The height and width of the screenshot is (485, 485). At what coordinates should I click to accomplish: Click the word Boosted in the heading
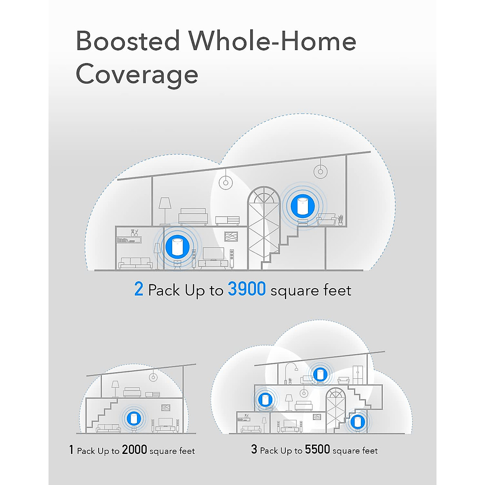pos(128,41)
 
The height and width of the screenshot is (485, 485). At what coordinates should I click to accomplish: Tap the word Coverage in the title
pos(137,75)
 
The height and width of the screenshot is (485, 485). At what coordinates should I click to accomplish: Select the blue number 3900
pos(247,289)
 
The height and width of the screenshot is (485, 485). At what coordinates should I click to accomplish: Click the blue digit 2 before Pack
pos(139,290)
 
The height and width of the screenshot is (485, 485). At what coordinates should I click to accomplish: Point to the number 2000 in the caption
pos(134,450)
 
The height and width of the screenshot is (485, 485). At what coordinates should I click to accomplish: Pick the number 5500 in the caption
pos(317,449)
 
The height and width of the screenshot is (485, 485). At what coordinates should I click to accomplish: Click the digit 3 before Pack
pos(254,449)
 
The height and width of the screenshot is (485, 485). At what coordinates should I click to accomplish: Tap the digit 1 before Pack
pos(71,450)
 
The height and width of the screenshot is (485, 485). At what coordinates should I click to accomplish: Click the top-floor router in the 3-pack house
pos(320,374)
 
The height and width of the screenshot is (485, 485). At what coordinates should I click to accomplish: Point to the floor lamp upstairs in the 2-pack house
pos(165,210)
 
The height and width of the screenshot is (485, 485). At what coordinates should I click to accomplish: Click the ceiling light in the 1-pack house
pos(153,377)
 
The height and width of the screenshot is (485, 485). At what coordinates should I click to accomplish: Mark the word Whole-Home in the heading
pos(273,41)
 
